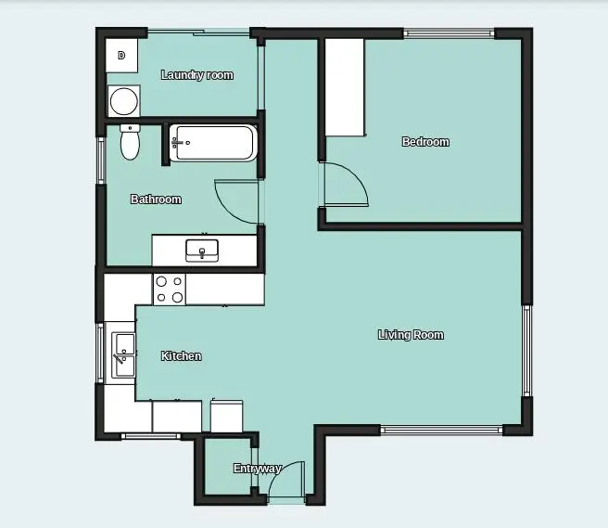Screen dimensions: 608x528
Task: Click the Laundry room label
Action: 197,75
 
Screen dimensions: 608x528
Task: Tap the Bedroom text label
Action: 425,142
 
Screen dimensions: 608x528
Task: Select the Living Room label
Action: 411,335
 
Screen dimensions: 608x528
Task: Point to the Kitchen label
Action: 181,356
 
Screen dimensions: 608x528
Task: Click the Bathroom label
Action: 156,200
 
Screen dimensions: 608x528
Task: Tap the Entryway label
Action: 257,469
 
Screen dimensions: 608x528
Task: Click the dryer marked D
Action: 121,55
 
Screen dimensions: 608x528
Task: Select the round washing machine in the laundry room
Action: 123,101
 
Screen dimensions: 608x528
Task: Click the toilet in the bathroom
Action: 130,142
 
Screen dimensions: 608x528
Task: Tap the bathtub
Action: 213,143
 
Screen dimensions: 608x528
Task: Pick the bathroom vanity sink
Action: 202,251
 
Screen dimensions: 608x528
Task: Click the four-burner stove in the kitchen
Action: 170,290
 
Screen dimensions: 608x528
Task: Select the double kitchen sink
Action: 123,355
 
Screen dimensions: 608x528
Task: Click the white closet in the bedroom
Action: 345,87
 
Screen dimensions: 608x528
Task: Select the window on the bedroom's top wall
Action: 449,33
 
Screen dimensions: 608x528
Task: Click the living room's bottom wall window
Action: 441,430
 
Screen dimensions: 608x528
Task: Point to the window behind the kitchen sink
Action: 100,353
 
